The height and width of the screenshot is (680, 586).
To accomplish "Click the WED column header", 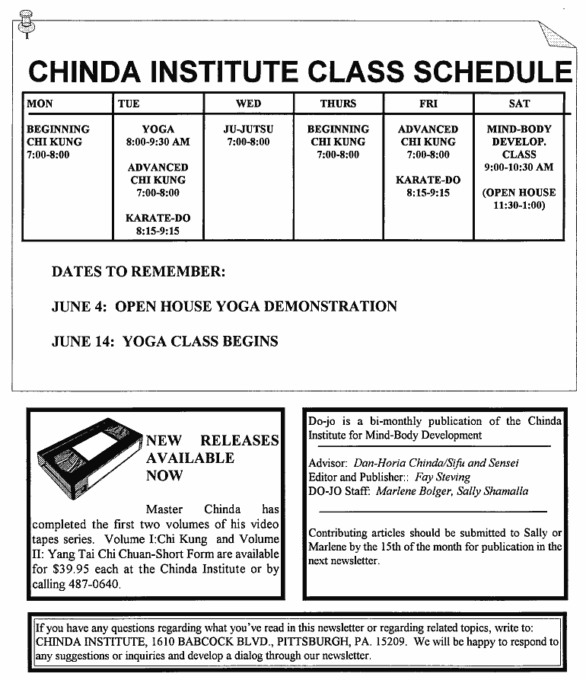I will (x=248, y=104).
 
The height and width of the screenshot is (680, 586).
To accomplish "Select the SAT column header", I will (x=519, y=104).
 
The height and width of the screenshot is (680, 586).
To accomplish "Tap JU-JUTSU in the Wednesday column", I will (x=248, y=129).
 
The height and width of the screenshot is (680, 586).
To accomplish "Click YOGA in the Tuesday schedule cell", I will (x=158, y=129).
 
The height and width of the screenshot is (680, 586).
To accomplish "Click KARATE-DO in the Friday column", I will (x=428, y=180).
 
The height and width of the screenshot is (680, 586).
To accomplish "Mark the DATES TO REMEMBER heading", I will (x=139, y=272).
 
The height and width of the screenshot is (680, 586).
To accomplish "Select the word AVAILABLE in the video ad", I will (x=190, y=458).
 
